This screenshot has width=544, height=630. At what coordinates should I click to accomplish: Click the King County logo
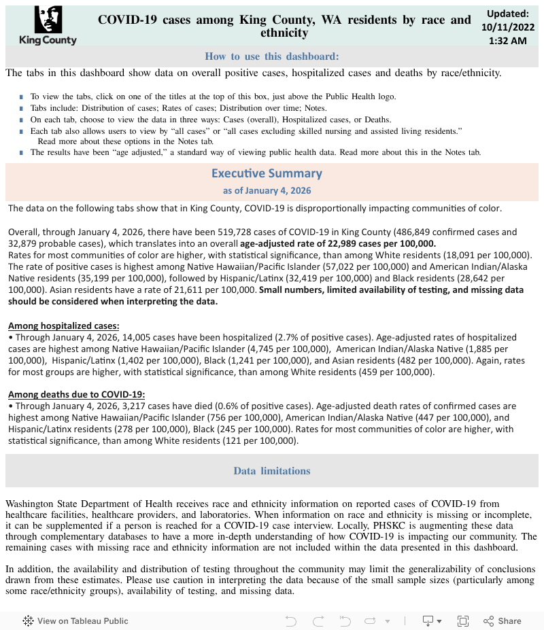pos(48,25)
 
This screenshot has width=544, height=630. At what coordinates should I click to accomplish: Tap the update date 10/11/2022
pos(507,27)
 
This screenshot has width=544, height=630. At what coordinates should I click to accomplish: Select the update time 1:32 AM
pos(507,41)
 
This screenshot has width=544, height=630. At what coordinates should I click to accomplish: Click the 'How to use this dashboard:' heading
pos(272,56)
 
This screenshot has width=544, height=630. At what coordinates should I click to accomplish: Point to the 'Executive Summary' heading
pos(267,173)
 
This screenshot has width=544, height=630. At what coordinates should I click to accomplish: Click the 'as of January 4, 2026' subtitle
pos(267,191)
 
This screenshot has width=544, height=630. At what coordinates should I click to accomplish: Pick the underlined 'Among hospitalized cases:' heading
pos(63,326)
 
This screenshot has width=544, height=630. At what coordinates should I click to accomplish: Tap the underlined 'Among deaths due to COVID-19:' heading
pos(76,394)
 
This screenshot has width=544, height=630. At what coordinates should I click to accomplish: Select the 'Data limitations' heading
pos(272,471)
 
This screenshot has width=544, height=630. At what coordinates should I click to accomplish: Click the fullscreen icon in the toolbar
pos(463,620)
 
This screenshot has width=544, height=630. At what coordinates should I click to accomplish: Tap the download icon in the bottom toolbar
pos(428,620)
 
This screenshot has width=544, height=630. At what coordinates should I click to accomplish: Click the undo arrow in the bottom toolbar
pos(291,620)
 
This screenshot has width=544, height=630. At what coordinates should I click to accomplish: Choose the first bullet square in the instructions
pos(22,97)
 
